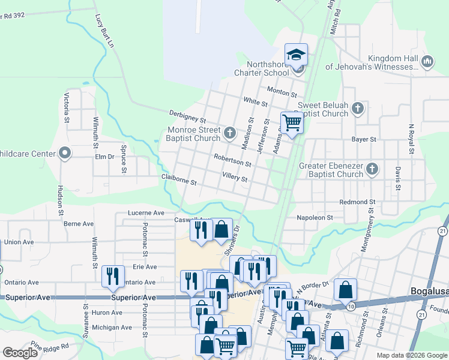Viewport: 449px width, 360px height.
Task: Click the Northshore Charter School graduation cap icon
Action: click(x=296, y=55)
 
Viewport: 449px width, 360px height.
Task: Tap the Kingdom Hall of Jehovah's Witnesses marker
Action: click(x=428, y=62)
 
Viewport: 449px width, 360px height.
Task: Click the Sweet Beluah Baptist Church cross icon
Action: click(x=358, y=108)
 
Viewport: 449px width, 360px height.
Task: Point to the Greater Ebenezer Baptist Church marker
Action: click(x=372, y=169)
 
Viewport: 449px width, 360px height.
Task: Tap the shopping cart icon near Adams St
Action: click(x=292, y=123)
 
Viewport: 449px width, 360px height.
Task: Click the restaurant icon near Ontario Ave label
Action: click(x=112, y=276)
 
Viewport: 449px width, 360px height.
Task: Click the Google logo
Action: click(x=20, y=353)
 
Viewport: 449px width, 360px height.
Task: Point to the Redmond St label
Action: click(x=357, y=202)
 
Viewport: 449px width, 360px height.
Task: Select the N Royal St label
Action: click(x=412, y=139)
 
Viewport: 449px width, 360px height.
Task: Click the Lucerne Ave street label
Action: click(x=146, y=213)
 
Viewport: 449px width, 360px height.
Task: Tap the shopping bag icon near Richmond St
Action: click(x=345, y=290)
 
